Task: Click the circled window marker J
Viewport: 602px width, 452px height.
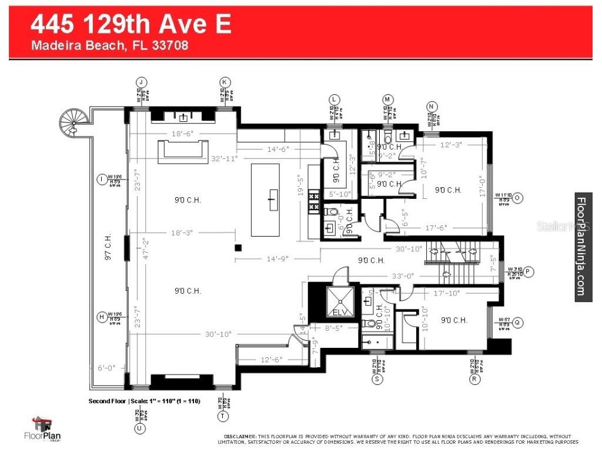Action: click(141, 82)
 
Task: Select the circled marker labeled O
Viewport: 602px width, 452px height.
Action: click(517, 198)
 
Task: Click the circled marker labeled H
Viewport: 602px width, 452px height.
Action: click(101, 317)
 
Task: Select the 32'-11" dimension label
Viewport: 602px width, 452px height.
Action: click(224, 159)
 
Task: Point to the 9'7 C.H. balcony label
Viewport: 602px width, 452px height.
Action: click(108, 247)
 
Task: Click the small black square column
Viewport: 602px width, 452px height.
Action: click(238, 248)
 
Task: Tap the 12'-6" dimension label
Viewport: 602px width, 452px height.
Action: click(271, 359)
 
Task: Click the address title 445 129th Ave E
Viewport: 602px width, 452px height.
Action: click(131, 25)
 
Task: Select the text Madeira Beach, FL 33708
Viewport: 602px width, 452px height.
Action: click(109, 45)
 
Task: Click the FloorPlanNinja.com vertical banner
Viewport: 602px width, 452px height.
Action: click(583, 247)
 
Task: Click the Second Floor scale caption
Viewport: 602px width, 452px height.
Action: click(145, 401)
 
